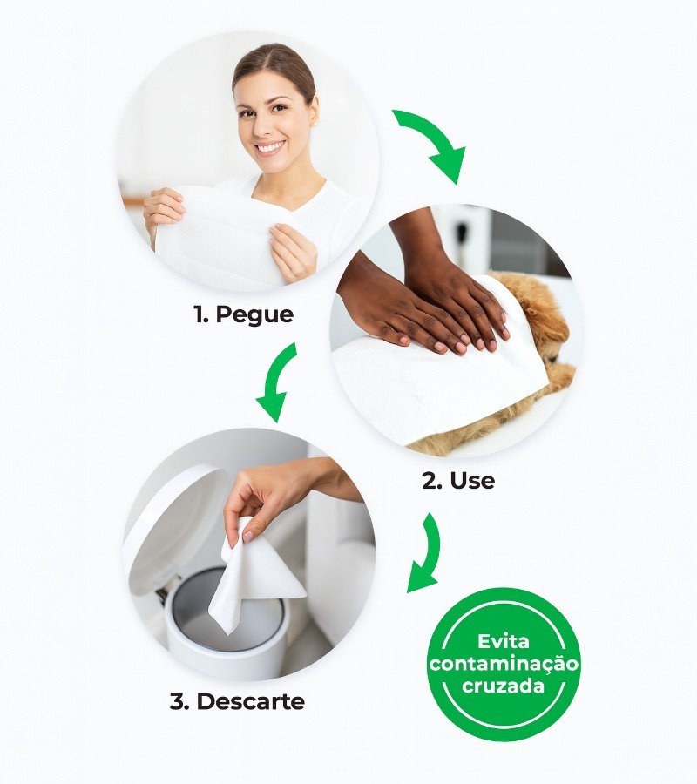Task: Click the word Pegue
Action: [x=254, y=315]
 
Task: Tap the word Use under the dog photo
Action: [x=472, y=481]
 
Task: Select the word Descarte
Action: [x=251, y=701]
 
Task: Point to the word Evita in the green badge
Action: [x=503, y=641]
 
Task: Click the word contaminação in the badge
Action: [x=504, y=664]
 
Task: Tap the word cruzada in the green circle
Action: [x=503, y=685]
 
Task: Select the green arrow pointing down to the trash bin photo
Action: [x=278, y=380]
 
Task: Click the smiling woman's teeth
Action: [x=270, y=147]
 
